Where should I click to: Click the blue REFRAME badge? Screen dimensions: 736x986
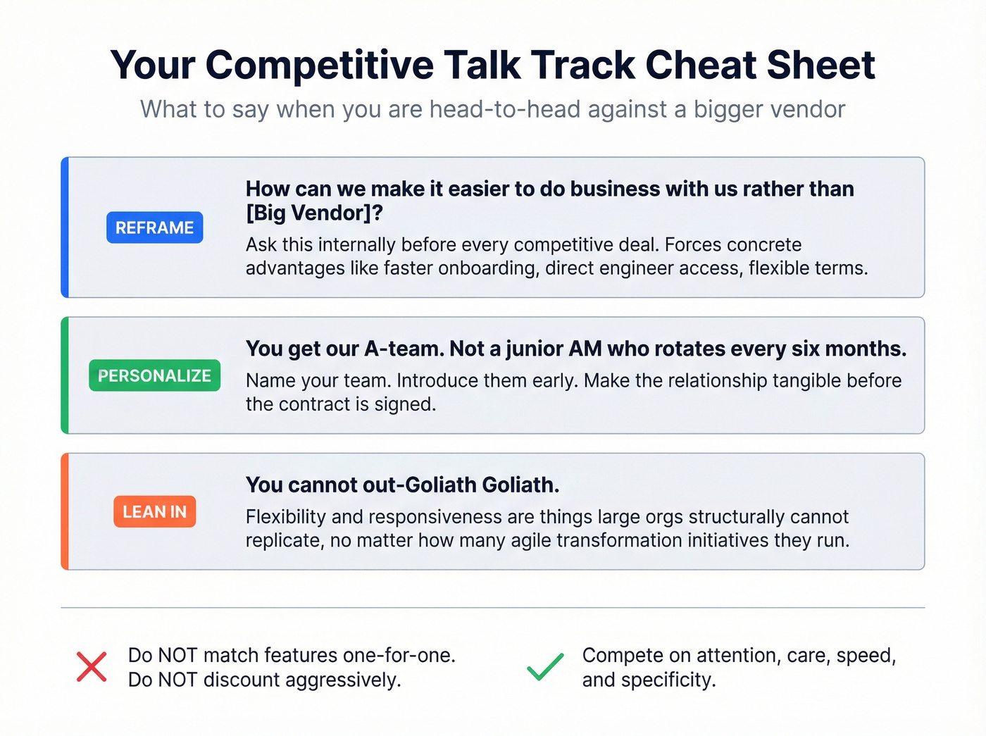154,227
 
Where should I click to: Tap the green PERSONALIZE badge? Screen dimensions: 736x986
154,375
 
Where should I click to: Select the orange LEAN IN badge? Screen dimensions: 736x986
154,511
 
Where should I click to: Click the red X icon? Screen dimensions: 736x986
92,667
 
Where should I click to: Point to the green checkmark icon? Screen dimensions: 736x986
545,667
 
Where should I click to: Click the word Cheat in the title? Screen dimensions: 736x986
700,65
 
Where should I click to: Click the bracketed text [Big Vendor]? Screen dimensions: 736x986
314,213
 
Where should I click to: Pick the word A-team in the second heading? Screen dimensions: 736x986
401,349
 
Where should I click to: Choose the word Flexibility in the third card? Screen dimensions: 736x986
285,517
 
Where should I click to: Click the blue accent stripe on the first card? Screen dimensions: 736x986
65,227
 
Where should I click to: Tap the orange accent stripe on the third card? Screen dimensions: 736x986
65,511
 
